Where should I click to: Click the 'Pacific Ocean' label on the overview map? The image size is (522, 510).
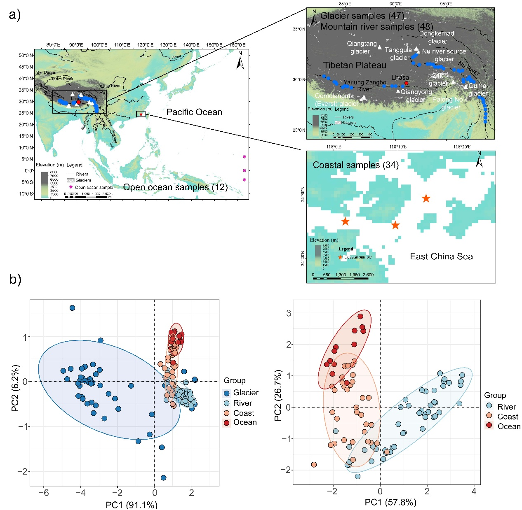tap(194, 112)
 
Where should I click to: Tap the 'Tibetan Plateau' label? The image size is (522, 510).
tap(355, 65)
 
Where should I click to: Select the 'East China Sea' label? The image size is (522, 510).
tap(441, 256)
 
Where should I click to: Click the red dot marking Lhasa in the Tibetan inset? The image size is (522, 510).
tap(406, 83)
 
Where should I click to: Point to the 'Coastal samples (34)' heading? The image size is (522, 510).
tap(355, 165)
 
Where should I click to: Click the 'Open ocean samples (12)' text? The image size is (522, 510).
tap(175, 187)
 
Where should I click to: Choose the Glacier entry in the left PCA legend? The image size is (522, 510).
tap(241, 393)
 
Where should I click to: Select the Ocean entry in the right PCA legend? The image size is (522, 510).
tap(503, 426)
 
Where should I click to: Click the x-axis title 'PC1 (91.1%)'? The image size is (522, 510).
tap(132, 505)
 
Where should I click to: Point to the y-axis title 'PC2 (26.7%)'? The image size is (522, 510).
tap(278, 395)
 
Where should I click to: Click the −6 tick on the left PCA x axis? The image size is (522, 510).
tap(44, 493)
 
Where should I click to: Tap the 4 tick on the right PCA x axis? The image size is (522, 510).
tap(474, 491)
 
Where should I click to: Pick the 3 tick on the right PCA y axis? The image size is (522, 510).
tap(288, 313)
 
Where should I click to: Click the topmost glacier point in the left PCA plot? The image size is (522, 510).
tap(72, 308)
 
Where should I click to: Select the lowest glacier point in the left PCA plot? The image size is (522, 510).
tap(163, 477)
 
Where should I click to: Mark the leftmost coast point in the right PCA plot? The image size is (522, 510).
tap(314, 464)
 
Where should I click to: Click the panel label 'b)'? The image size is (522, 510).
tap(15, 279)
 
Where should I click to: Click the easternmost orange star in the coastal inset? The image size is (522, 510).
tap(426, 198)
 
